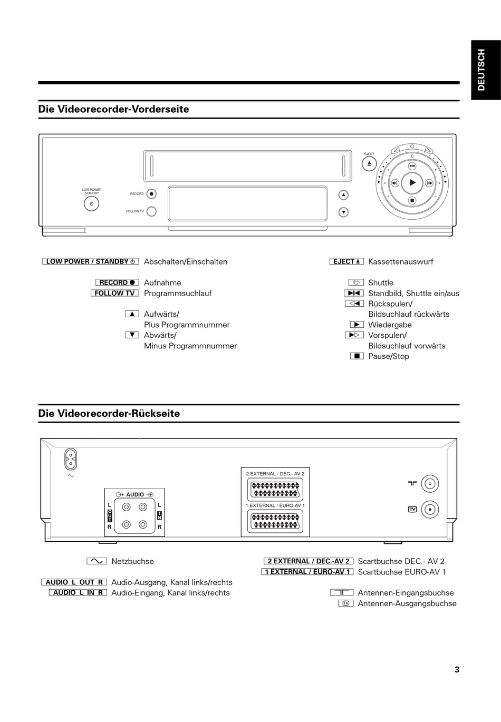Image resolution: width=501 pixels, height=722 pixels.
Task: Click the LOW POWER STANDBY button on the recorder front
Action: click(92, 203)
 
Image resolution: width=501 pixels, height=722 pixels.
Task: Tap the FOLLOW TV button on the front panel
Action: click(151, 211)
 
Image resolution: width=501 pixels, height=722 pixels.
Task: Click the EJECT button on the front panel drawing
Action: click(369, 164)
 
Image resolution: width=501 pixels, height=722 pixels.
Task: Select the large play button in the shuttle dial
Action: click(412, 183)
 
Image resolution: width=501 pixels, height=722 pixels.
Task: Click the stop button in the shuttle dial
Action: click(412, 200)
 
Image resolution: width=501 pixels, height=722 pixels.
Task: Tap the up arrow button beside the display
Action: click(343, 195)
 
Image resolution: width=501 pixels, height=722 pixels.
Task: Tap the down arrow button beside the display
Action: click(343, 212)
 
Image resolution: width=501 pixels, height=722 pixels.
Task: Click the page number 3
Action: click(457, 669)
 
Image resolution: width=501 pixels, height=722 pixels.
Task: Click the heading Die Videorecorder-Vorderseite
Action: click(113, 109)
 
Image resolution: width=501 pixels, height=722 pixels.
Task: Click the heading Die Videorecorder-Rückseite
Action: click(109, 414)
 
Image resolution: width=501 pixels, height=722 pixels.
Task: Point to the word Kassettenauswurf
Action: click(400, 261)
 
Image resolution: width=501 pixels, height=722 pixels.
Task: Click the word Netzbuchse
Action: click(132, 561)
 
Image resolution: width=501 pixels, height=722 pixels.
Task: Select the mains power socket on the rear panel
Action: click(70, 459)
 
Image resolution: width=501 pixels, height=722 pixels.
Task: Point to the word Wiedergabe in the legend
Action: click(390, 325)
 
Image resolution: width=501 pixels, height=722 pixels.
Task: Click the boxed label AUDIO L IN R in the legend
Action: click(78, 592)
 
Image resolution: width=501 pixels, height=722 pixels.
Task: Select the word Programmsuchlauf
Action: click(178, 293)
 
